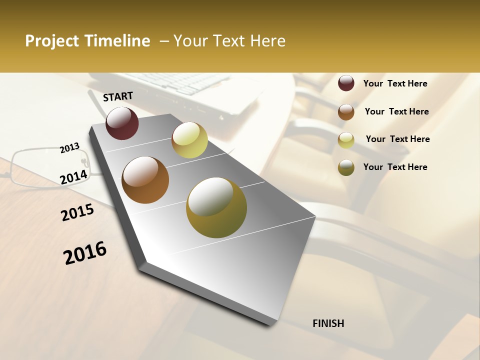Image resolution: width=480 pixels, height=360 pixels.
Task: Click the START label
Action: [118, 96]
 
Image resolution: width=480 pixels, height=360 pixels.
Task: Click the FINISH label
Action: [328, 323]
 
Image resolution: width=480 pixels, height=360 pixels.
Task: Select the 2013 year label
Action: [69, 148]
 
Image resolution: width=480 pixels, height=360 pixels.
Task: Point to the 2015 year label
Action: [77, 212]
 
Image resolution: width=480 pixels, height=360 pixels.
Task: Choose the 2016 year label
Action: [85, 253]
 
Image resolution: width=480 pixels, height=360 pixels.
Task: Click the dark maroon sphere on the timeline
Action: [122, 123]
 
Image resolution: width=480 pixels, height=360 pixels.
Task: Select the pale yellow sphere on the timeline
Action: [189, 140]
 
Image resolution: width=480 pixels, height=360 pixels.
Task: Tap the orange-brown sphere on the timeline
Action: [145, 180]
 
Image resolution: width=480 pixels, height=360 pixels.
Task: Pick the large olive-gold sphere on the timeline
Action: [216, 207]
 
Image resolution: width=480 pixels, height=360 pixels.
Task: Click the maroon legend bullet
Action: [346, 83]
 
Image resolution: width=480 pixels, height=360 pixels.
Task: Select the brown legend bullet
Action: [346, 111]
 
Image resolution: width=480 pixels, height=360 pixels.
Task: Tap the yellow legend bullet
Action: [346, 139]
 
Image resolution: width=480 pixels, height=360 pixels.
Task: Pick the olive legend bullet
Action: [346, 167]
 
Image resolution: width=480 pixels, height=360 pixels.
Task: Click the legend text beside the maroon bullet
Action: [395, 83]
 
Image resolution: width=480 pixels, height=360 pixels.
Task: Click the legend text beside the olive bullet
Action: [395, 167]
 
